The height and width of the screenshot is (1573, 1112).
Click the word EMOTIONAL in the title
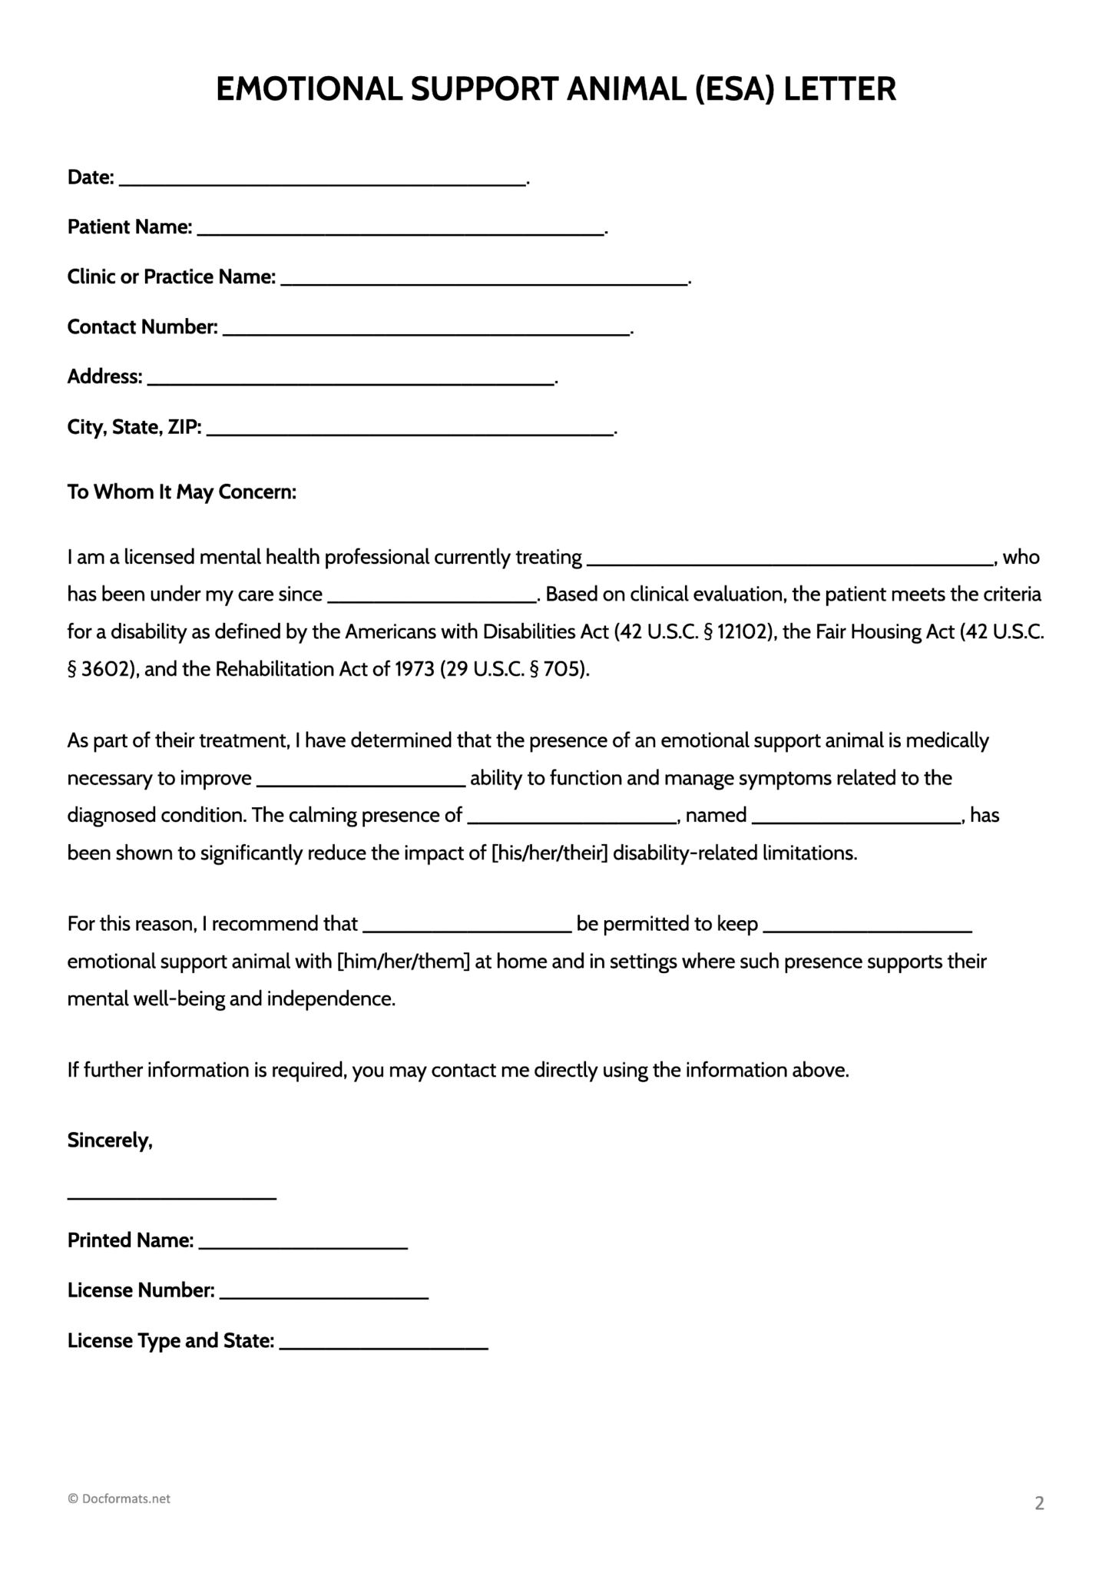click(x=309, y=90)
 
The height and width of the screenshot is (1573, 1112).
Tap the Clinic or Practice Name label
click(x=171, y=277)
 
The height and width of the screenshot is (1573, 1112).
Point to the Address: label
click(x=104, y=377)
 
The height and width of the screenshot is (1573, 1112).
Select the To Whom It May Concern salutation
click(x=182, y=492)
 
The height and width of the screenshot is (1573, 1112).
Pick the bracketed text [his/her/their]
click(x=549, y=853)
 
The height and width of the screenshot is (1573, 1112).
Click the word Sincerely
click(x=110, y=1141)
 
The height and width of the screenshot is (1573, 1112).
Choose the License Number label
click(x=141, y=1290)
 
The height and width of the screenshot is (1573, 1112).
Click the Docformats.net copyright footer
click(x=119, y=1498)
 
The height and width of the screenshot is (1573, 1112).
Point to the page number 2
click(x=1039, y=1503)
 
